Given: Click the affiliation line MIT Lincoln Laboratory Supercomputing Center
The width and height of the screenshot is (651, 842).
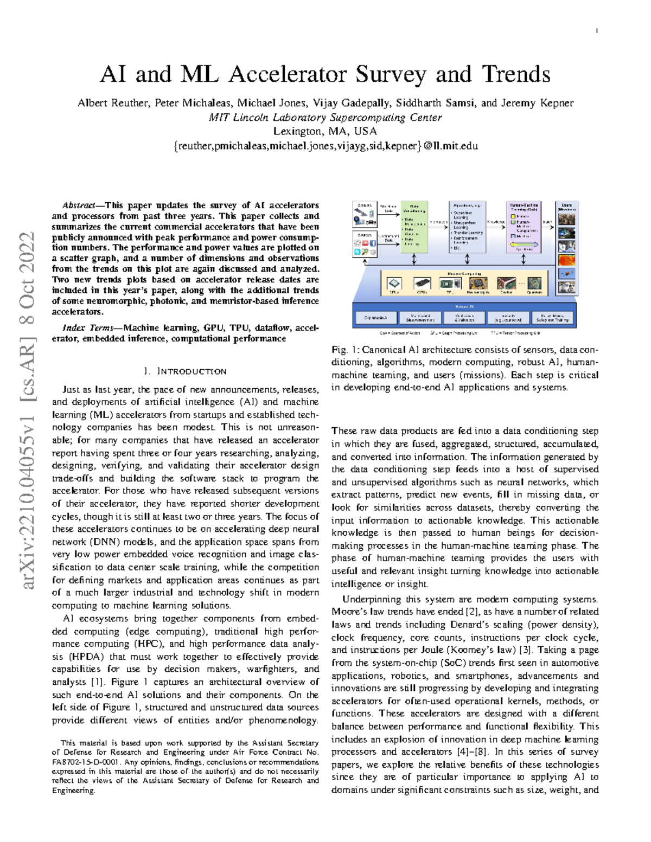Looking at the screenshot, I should tap(325, 117).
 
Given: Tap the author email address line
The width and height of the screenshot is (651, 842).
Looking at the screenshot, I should tap(325, 145).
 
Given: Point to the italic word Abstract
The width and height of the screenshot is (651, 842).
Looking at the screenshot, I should tap(79, 205).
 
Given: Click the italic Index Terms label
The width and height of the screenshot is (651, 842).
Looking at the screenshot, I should tap(87, 328).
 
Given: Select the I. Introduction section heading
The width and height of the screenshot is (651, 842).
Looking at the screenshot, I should tap(185, 371).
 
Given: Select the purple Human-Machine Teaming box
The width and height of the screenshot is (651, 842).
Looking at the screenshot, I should tap(524, 227).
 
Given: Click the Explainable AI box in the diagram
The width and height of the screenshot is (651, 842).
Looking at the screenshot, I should tap(376, 318).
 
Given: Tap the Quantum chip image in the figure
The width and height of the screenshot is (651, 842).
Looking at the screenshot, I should tap(534, 283).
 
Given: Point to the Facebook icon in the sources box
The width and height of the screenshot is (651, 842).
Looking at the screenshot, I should tap(373, 243).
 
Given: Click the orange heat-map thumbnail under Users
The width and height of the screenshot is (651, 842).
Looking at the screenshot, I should tap(566, 260).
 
